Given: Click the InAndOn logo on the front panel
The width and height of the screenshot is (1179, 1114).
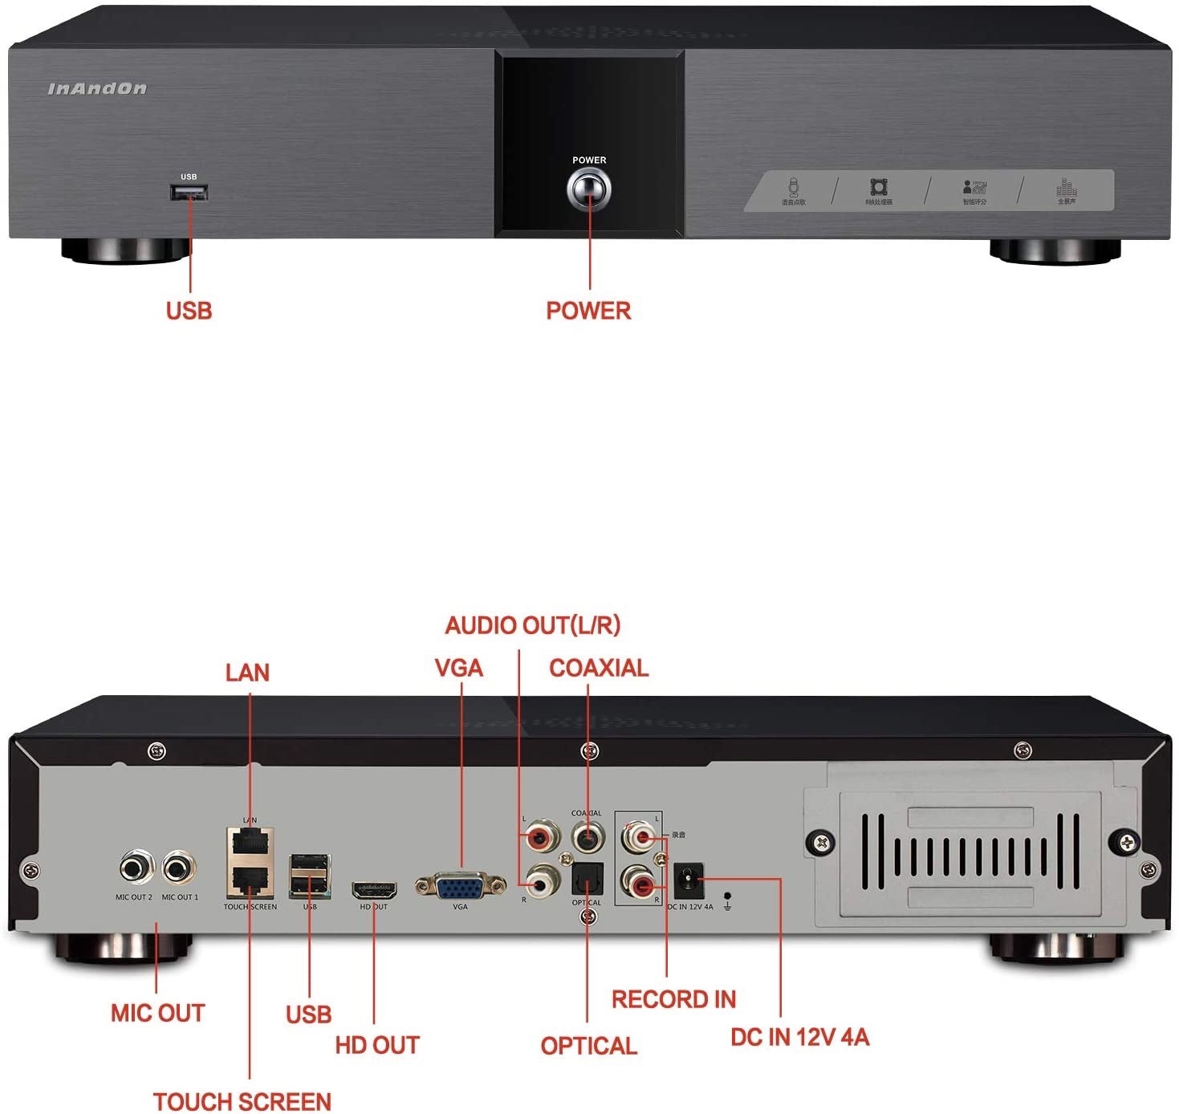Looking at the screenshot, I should pyautogui.click(x=97, y=88).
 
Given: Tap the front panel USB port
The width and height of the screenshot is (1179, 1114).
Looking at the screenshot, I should pyautogui.click(x=189, y=193).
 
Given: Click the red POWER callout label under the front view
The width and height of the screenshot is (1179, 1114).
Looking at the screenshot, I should pyautogui.click(x=588, y=311).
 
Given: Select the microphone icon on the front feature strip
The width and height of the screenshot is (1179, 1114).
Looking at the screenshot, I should pyautogui.click(x=793, y=188).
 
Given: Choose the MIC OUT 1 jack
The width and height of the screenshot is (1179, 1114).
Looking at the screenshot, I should pyautogui.click(x=180, y=868).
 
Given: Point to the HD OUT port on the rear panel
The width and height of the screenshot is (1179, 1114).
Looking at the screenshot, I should pyautogui.click(x=374, y=889).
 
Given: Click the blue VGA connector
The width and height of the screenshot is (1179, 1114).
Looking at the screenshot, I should pyautogui.click(x=460, y=886).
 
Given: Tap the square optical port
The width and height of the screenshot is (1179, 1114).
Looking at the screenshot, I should pyautogui.click(x=587, y=884).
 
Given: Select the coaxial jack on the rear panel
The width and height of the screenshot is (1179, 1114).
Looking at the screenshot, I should pyautogui.click(x=587, y=838).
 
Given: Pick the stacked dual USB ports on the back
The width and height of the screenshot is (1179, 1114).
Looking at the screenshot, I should pyautogui.click(x=310, y=876).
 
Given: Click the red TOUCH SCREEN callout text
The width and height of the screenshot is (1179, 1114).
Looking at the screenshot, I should pyautogui.click(x=242, y=1101).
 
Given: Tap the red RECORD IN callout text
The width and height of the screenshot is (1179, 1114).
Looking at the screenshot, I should pyautogui.click(x=673, y=999).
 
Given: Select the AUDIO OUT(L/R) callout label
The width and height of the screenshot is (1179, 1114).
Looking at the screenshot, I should pyautogui.click(x=533, y=625).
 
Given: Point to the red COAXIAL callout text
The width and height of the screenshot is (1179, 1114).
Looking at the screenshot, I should pyautogui.click(x=599, y=668).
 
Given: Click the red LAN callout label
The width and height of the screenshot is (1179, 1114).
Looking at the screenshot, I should pyautogui.click(x=247, y=673).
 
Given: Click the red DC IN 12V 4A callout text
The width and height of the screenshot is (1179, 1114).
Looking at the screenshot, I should pyautogui.click(x=799, y=1037).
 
